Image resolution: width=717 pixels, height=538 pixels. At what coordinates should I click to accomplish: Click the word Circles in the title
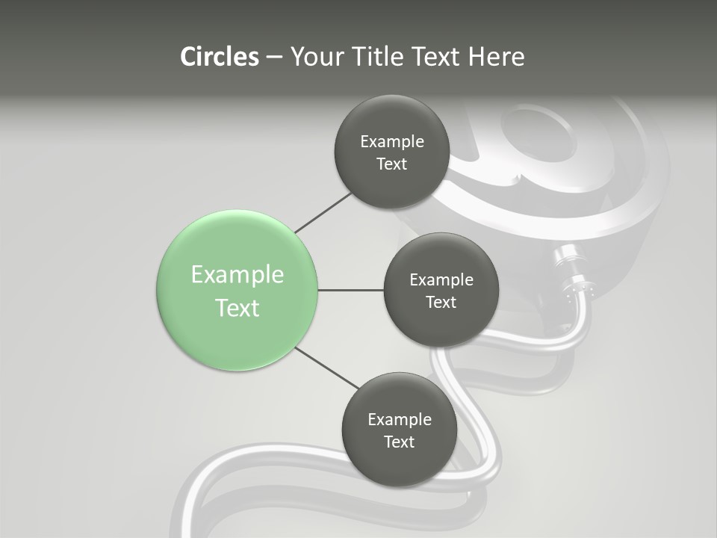coord(220,57)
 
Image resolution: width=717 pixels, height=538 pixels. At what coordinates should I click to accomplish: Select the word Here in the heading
coord(497,57)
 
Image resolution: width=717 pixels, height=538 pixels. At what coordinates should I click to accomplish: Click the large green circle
coord(238,329)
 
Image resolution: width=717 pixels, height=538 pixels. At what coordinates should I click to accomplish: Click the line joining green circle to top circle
coord(323,211)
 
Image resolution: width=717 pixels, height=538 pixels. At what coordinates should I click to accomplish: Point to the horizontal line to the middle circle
coord(350,290)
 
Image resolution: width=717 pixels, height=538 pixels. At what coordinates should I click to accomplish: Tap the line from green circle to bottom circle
coord(327,368)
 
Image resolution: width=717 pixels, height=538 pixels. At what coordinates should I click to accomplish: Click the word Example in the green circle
coord(238,275)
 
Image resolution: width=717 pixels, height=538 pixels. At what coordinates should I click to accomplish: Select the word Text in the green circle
coord(238,308)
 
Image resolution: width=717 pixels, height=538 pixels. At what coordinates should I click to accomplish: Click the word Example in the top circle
coord(392,142)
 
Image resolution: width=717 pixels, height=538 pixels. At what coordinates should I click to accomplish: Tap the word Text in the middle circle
coord(441,303)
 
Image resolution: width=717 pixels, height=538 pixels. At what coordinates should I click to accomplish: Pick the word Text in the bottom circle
coord(399,442)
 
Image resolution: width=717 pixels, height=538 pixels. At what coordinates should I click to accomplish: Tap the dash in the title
coord(274,58)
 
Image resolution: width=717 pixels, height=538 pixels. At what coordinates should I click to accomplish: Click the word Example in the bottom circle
coord(400,420)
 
